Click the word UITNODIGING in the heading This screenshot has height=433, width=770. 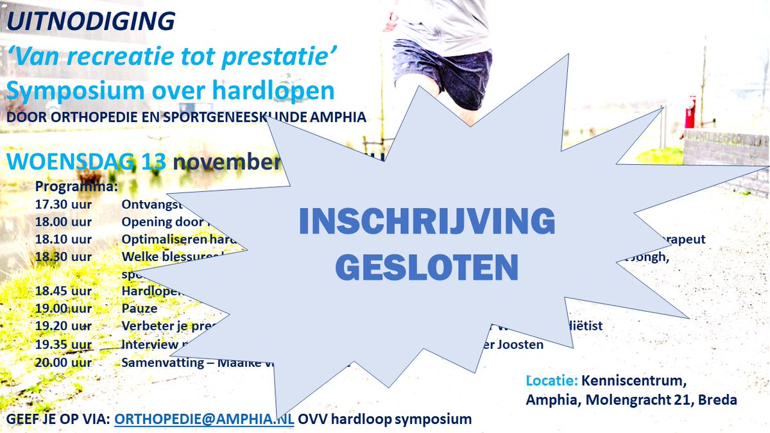90,21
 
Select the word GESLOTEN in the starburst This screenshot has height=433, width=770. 427,267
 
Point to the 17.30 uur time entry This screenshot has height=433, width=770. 63,205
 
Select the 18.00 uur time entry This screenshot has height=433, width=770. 63,222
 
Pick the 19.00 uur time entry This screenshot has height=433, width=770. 63,308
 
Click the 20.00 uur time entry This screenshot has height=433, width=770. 63,362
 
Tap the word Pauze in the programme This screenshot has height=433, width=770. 139,308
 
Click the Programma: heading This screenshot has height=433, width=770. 76,187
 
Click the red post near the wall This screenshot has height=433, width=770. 690,112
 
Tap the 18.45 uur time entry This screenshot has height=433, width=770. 63,290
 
